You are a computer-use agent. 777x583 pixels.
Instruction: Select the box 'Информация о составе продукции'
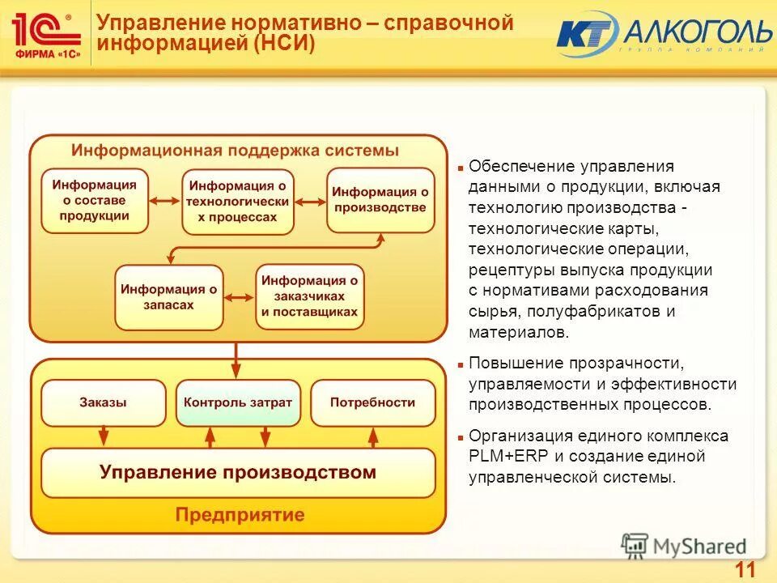[95, 200]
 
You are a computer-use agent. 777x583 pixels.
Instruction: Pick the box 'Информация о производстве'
[380, 200]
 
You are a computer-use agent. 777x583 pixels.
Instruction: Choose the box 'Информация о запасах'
[168, 297]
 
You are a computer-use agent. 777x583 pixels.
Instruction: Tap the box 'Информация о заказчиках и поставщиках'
[309, 297]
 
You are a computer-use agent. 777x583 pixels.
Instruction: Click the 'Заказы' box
[102, 402]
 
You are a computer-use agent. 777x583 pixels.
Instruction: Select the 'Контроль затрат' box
[238, 402]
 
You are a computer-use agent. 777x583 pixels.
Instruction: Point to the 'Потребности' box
[372, 402]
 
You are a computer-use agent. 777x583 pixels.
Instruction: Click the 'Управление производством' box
[238, 472]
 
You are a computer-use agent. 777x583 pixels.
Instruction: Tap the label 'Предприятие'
[240, 514]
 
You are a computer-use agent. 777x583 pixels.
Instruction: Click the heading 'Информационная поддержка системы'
[235, 151]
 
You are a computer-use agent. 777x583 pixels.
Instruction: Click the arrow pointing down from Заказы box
[102, 436]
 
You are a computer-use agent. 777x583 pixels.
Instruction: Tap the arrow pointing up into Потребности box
[373, 436]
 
